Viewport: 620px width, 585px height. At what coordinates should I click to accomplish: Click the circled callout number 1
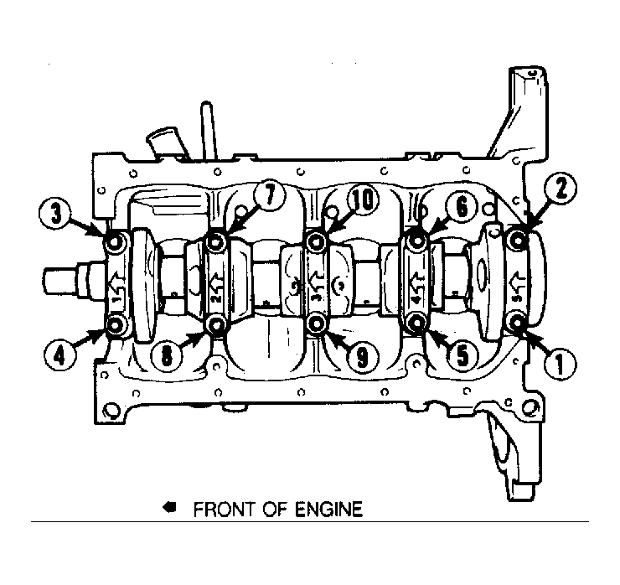pyautogui.click(x=560, y=365)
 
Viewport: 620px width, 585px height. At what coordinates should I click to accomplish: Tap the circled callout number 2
pyautogui.click(x=561, y=189)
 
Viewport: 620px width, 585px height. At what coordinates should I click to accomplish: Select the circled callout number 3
pyautogui.click(x=56, y=214)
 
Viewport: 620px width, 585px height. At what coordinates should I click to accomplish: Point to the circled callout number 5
pyautogui.click(x=462, y=355)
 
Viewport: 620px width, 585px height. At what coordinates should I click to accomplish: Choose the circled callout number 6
pyautogui.click(x=462, y=207)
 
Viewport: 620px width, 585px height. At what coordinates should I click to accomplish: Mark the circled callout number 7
pyautogui.click(x=269, y=196)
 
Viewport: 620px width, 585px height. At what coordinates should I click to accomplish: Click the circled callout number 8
pyautogui.click(x=168, y=357)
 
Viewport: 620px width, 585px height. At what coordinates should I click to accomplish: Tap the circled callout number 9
pyautogui.click(x=363, y=357)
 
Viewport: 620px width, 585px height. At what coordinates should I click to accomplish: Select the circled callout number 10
pyautogui.click(x=363, y=200)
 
